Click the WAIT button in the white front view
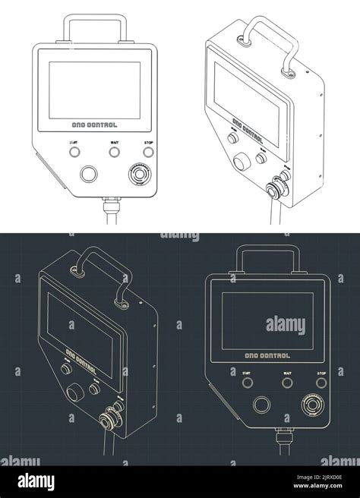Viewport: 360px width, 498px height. (115, 151)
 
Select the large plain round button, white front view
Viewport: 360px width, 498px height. (90, 175)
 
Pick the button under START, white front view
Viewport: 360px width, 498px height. (75, 151)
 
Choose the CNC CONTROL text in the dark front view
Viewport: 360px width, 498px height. (264, 353)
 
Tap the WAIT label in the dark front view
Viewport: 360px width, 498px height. (286, 372)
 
